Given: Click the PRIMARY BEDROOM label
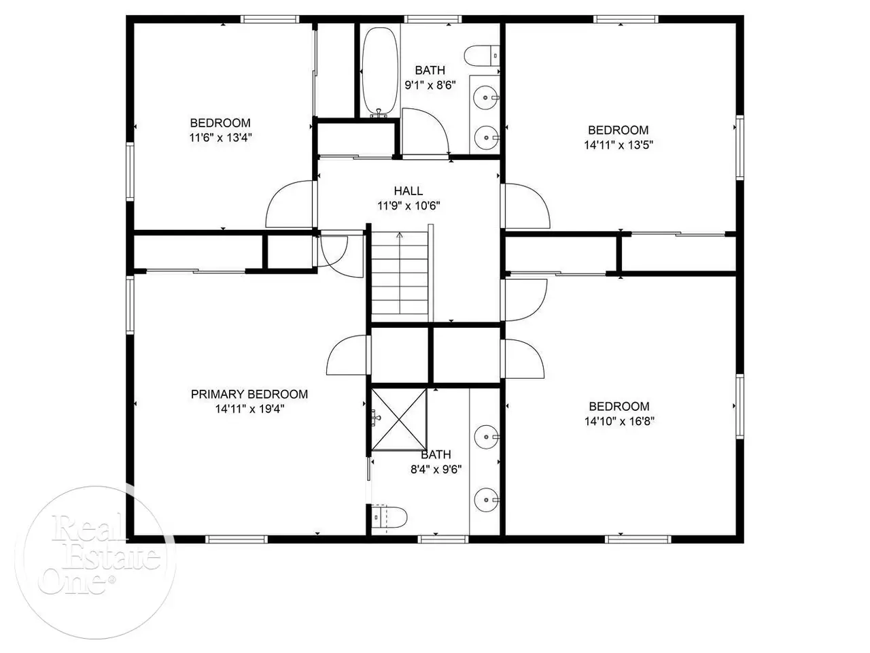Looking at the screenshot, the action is point(249,394).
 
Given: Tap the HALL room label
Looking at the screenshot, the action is point(408,191).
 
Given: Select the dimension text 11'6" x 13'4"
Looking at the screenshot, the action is point(220,137).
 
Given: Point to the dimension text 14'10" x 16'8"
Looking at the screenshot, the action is point(619,421).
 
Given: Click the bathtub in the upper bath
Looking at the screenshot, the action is point(381,73).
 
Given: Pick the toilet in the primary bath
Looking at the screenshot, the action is point(390,517).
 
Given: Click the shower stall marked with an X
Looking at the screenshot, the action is point(399,420).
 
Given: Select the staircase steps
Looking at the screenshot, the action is point(400,278).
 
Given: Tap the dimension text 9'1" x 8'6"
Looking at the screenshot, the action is point(430,85).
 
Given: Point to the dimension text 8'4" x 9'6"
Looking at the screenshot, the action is point(436,469).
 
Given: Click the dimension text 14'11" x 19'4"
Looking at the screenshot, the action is point(249,409).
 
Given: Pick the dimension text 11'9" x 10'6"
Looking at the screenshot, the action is point(408,206).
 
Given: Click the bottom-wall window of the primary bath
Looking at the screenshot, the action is point(443,539).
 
